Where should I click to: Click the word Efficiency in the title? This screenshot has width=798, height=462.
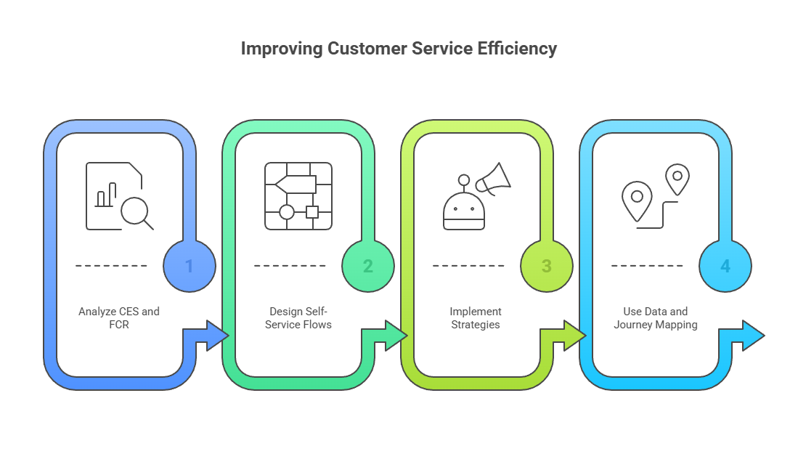[x=517, y=49]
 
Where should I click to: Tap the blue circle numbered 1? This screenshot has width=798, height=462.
[x=190, y=266]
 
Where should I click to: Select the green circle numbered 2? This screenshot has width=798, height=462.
[x=368, y=266]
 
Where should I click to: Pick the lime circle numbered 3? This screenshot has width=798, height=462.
[x=547, y=266]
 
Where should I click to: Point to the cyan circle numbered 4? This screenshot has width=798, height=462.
[x=725, y=266]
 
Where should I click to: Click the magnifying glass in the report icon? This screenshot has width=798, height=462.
[x=135, y=212]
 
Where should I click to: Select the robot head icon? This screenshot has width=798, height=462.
[x=463, y=211]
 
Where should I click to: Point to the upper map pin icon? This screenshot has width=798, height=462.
[x=677, y=179]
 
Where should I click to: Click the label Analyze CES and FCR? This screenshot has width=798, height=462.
[x=119, y=317]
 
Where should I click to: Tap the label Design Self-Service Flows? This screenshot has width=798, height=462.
[x=298, y=317]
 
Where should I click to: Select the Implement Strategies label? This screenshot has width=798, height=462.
[x=476, y=317]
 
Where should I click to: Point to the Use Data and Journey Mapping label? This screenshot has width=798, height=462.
[x=655, y=317]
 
